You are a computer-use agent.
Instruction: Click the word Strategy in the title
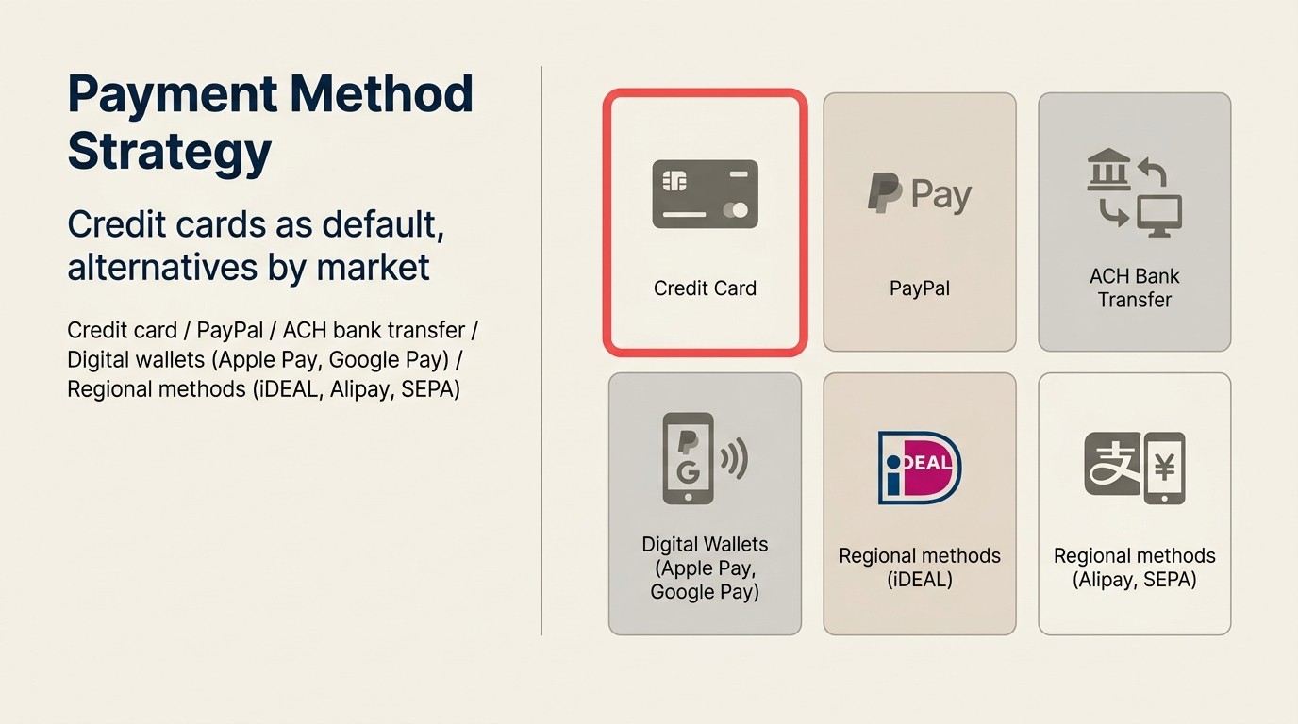click(x=170, y=151)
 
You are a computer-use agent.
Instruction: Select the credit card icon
click(x=706, y=194)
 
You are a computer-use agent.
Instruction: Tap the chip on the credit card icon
click(x=674, y=180)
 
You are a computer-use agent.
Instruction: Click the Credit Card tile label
click(x=705, y=288)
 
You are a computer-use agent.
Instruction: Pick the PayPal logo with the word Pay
click(x=919, y=194)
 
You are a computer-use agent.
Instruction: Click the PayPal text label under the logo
click(x=919, y=288)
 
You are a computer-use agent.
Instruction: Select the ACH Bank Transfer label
click(x=1134, y=288)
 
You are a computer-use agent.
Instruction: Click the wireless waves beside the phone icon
click(x=734, y=459)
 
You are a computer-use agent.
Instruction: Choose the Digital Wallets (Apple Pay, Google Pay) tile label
click(x=705, y=568)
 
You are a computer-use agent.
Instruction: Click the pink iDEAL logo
click(x=919, y=467)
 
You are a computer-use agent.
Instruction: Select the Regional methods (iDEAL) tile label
click(x=919, y=568)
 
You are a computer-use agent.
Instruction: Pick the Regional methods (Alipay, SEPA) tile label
click(x=1134, y=568)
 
